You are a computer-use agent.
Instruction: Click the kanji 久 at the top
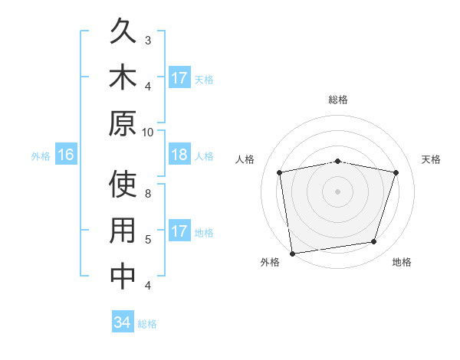123,33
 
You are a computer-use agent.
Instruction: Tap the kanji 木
123,78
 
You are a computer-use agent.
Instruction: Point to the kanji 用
123,231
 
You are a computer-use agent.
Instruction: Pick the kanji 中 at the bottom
123,277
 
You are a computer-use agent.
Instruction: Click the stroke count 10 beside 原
148,132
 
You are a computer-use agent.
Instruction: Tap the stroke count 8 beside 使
148,194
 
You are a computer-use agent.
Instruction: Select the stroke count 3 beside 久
148,41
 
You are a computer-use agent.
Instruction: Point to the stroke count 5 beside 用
148,240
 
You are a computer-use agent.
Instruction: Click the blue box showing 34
122,322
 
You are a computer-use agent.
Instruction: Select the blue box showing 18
179,155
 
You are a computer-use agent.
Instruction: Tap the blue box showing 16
66,155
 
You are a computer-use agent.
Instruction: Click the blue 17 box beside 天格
179,78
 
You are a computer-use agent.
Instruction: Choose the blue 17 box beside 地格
179,231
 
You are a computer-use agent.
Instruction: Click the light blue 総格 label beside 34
147,324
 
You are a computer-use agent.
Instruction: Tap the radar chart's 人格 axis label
245,159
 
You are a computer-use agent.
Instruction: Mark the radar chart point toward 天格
396,173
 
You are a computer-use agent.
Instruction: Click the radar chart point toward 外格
292,253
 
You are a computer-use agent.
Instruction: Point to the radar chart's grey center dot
337,191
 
